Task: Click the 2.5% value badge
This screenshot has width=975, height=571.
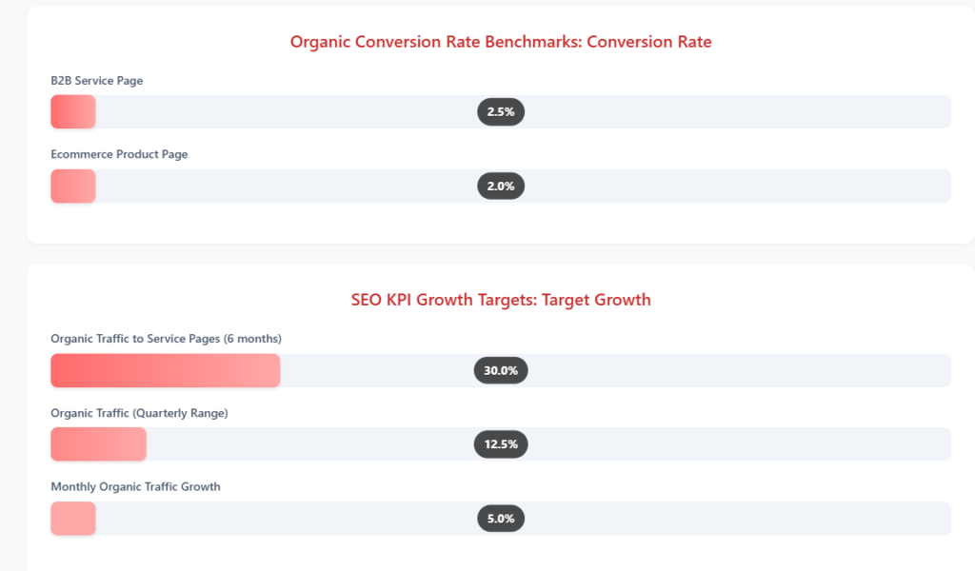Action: tap(501, 112)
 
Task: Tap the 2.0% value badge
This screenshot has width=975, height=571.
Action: tap(501, 186)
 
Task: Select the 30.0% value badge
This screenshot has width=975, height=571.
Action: tap(501, 370)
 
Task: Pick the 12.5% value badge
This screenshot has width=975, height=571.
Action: tap(501, 444)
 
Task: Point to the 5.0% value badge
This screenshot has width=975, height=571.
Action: tap(501, 519)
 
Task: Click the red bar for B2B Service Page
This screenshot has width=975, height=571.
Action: tap(73, 112)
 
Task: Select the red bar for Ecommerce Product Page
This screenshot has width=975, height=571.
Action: tap(73, 186)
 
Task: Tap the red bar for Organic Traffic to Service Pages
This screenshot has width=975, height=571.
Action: tap(166, 370)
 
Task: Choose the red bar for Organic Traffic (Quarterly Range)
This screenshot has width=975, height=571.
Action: tap(99, 444)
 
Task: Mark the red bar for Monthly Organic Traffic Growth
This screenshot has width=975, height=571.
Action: tap(73, 519)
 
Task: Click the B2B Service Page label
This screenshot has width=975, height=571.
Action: tap(97, 81)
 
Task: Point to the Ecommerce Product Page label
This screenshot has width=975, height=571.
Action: tap(119, 154)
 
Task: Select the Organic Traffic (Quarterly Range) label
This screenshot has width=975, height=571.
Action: tap(139, 413)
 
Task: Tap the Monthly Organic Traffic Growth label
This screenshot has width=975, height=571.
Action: tap(135, 486)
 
